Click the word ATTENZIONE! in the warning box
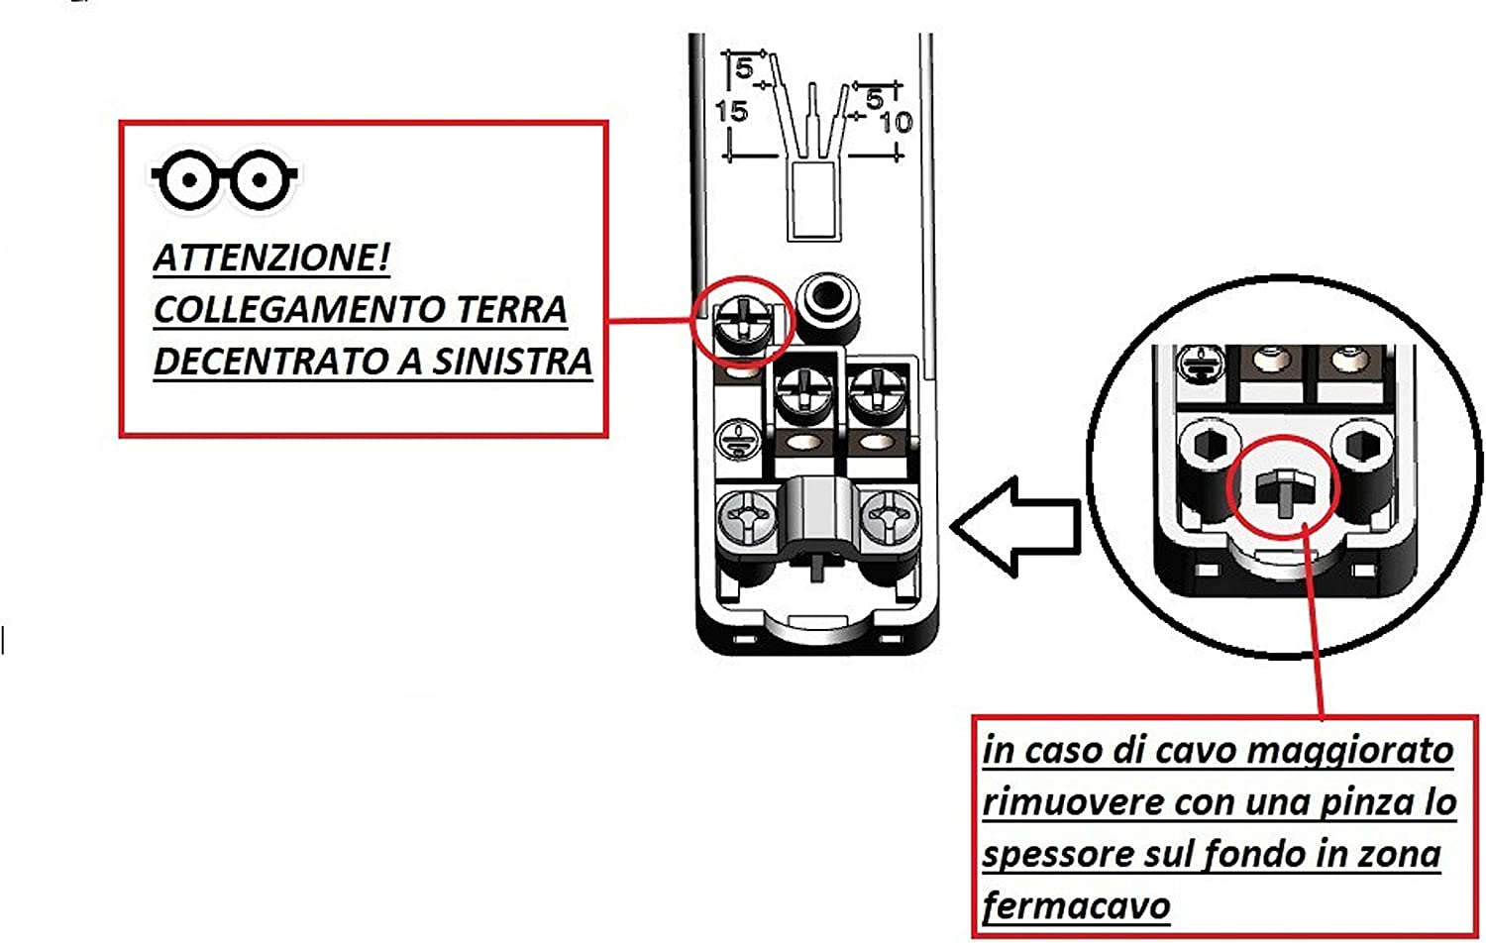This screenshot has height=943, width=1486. (x=271, y=258)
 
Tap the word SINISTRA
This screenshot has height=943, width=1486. (x=512, y=362)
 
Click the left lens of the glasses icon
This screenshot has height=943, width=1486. (x=190, y=179)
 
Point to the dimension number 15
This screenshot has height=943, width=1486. (x=732, y=111)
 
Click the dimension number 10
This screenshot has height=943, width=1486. (x=897, y=122)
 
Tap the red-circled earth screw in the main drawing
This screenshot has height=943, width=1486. (x=742, y=324)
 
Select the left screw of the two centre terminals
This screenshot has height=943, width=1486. (x=804, y=395)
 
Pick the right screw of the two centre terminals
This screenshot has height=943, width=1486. (x=878, y=395)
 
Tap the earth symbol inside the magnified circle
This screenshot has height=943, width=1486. (x=1200, y=366)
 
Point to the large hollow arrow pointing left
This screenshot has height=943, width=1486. (x=1015, y=527)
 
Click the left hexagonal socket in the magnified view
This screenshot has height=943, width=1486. (x=1210, y=445)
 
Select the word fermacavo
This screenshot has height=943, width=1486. (x=1076, y=906)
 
